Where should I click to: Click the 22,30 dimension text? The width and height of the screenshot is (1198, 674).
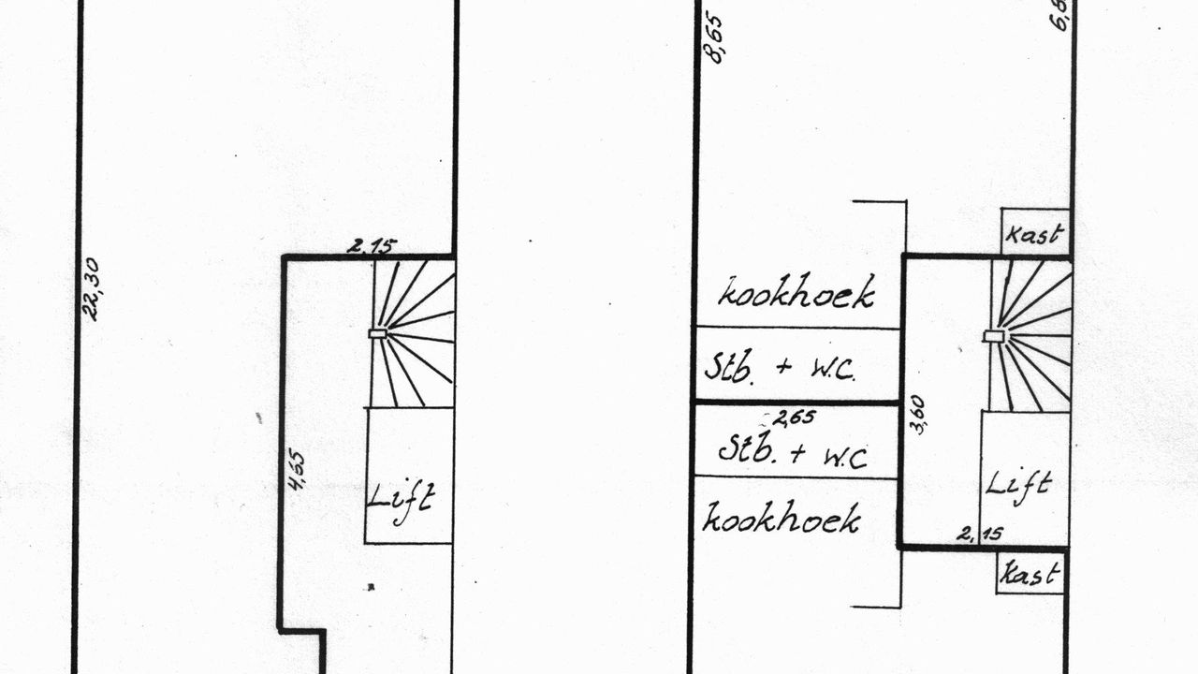(91, 289)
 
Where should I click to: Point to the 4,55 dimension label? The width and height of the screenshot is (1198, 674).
(297, 470)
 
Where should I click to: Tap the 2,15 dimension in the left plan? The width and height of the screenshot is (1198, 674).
(372, 247)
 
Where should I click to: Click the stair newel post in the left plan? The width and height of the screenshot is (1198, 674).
(378, 333)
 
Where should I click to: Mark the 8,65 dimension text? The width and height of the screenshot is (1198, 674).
(713, 37)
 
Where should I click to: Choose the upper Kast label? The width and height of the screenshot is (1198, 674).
(1035, 234)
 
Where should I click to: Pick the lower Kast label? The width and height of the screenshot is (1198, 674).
(1030, 574)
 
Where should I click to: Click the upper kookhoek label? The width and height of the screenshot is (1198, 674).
(796, 293)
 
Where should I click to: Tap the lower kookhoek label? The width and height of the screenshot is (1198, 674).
(782, 518)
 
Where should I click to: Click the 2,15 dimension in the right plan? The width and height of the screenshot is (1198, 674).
(980, 535)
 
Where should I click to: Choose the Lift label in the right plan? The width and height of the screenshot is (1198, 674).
(1018, 485)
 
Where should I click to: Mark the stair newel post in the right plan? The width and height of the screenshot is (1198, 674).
(994, 335)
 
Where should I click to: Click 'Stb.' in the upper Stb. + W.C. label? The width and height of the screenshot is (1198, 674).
(729, 366)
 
